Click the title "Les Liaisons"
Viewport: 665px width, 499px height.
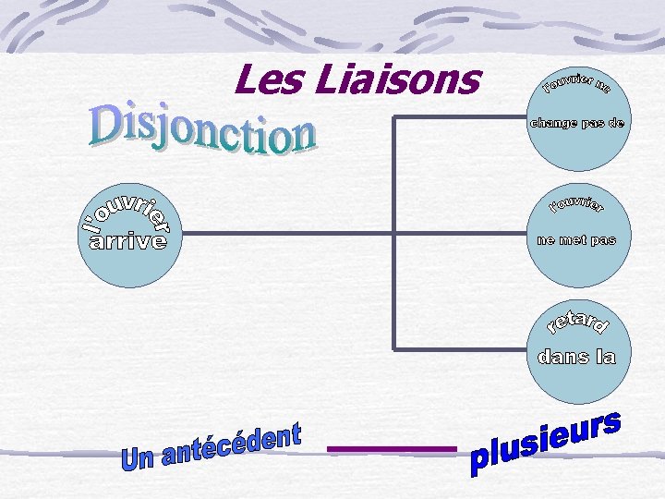pyautogui.click(x=357, y=79)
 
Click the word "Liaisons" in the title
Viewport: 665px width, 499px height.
pyautogui.click(x=396, y=79)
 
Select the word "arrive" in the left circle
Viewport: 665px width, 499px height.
pyautogui.click(x=127, y=242)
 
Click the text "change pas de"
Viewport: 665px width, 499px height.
pyautogui.click(x=575, y=123)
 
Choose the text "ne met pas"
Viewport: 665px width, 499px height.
pyautogui.click(x=575, y=240)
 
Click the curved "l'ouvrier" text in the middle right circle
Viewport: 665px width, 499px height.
pyautogui.click(x=576, y=203)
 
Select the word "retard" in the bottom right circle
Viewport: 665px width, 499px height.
pyautogui.click(x=576, y=322)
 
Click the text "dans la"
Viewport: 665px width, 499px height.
pyautogui.click(x=576, y=357)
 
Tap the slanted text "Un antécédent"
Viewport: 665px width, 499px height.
pyautogui.click(x=212, y=447)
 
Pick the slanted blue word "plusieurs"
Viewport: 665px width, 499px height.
pyautogui.click(x=545, y=444)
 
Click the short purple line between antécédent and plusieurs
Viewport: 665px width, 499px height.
pyautogui.click(x=392, y=449)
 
